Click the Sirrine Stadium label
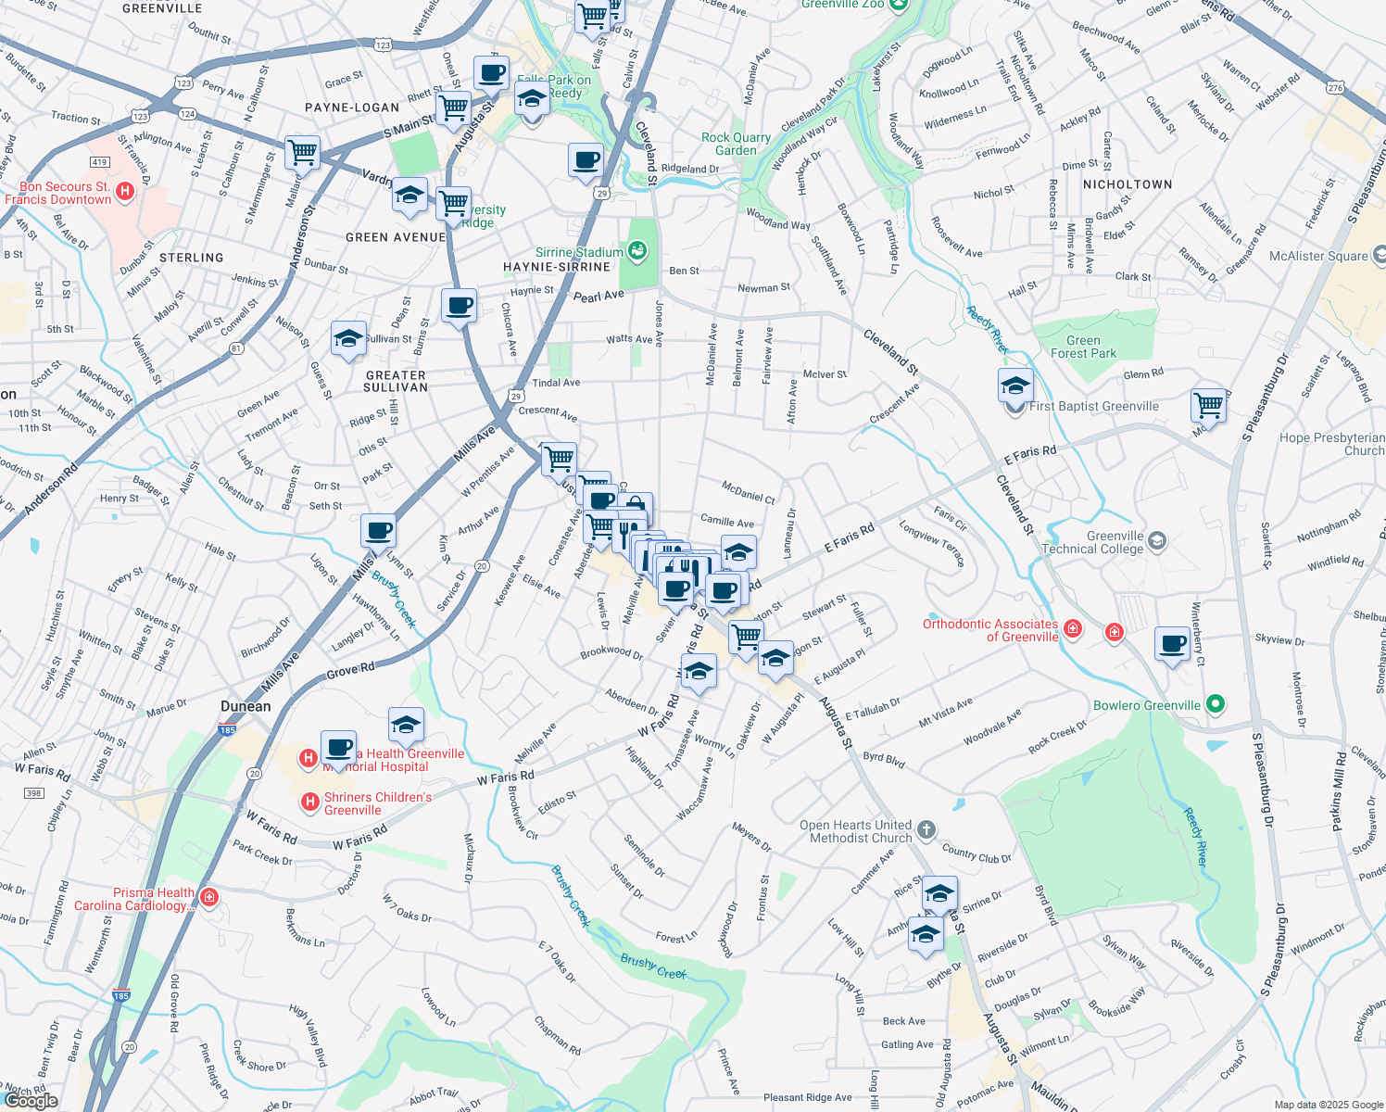pos(579,252)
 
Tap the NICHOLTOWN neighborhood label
pos(1128,184)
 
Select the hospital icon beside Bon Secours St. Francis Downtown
pos(125,192)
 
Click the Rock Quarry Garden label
pos(736,144)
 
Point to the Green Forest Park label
pos(1083,347)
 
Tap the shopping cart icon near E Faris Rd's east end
pos(1208,404)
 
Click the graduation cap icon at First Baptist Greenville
pos(1015,385)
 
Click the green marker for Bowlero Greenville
pos(1216,705)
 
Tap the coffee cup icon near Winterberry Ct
pos(1172,643)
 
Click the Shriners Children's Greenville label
pos(377,803)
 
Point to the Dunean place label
pos(246,706)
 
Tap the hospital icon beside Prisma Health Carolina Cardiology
pos(209,897)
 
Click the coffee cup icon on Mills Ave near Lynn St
pos(378,531)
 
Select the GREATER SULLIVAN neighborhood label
pos(396,381)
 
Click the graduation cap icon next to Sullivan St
pos(348,338)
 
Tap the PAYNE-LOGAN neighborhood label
pos(352,107)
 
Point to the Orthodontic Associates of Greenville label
pos(989,630)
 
